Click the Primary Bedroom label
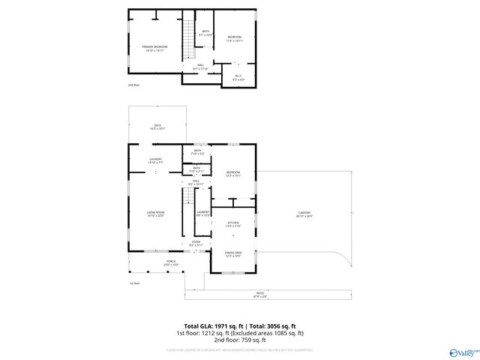click(154, 48)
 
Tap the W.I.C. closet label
click(238, 76)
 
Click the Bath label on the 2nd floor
click(205, 32)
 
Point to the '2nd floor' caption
click(133, 85)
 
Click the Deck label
click(157, 127)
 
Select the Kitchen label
click(232, 224)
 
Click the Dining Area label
click(233, 254)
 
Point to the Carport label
click(304, 214)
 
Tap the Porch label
click(150, 262)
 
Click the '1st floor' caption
click(134, 283)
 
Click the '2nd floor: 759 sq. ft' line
click(239, 340)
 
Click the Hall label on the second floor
click(201, 67)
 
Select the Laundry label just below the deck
click(155, 160)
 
